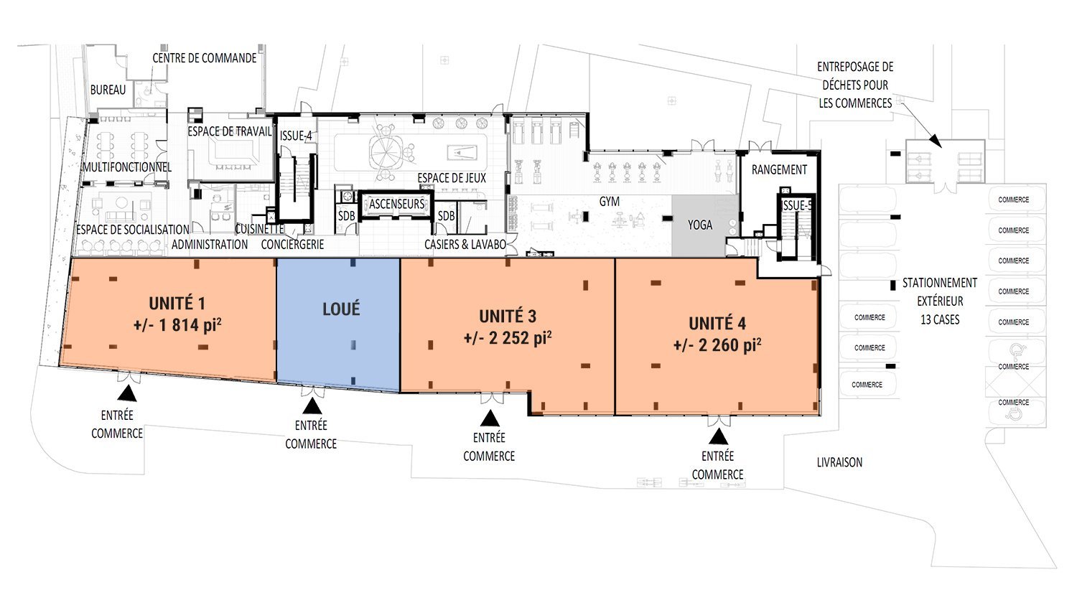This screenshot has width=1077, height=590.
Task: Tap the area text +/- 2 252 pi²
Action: click(508, 337)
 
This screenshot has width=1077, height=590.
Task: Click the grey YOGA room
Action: click(700, 225)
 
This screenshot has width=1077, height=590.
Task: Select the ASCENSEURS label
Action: click(397, 205)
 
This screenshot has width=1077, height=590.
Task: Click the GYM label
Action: click(610, 202)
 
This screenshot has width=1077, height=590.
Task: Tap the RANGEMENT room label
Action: click(779, 170)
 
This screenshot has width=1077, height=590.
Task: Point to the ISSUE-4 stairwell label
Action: click(296, 135)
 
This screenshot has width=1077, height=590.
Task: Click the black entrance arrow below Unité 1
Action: click(127, 393)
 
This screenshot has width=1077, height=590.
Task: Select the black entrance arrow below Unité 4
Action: click(719, 436)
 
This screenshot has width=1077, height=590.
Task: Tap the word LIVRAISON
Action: click(839, 463)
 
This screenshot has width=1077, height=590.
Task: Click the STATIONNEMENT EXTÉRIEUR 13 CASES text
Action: click(940, 301)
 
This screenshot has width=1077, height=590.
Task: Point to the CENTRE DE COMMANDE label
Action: click(205, 58)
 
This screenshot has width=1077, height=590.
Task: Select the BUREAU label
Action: click(108, 90)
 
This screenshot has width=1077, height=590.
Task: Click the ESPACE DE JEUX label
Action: click(452, 178)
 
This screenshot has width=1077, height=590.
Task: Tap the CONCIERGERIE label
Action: click(292, 244)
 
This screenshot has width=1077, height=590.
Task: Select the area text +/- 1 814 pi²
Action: click(177, 325)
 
